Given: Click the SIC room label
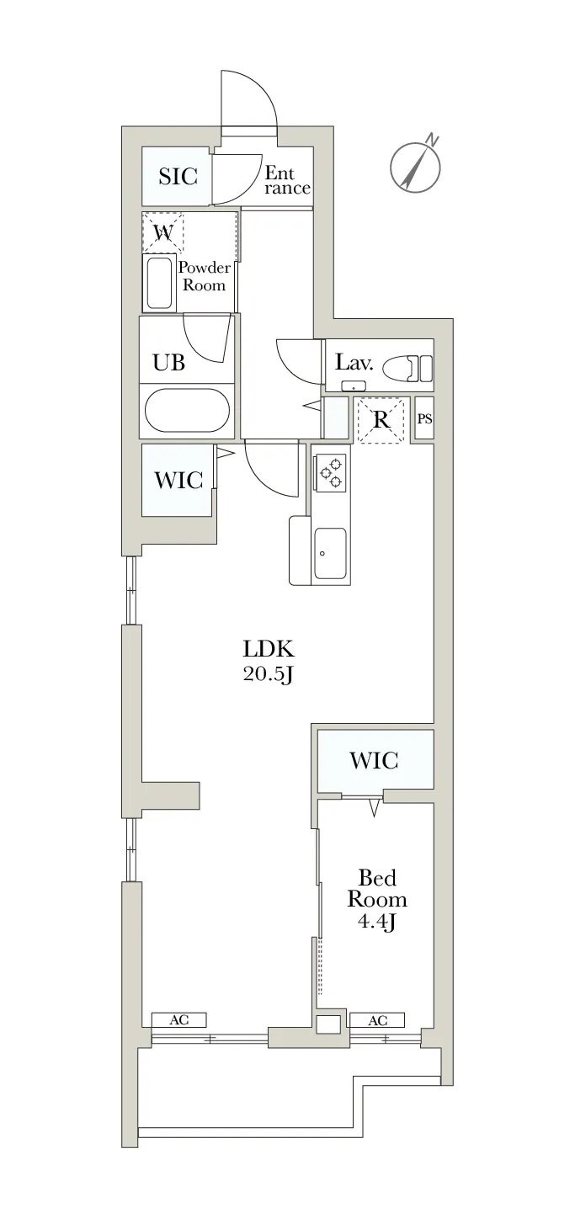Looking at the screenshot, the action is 178,176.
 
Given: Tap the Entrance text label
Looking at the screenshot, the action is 287,180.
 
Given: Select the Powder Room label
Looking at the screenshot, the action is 204,276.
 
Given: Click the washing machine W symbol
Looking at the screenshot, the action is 163,232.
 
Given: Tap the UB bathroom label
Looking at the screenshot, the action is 168,362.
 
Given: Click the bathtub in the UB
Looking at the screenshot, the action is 187,409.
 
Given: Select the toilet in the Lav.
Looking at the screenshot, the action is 408,369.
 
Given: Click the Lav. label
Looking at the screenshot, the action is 354,362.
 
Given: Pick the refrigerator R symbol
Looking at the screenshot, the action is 382,420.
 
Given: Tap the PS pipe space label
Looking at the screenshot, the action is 425,419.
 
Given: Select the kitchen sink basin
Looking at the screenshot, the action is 330,554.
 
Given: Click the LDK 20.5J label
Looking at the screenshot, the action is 269,662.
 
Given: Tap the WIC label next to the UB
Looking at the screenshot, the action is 178,480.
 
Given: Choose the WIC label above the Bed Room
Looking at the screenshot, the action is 375,760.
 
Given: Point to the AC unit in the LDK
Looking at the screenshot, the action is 179,1019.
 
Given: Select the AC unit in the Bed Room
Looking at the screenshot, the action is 377,1020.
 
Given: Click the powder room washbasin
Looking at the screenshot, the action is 160,283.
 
